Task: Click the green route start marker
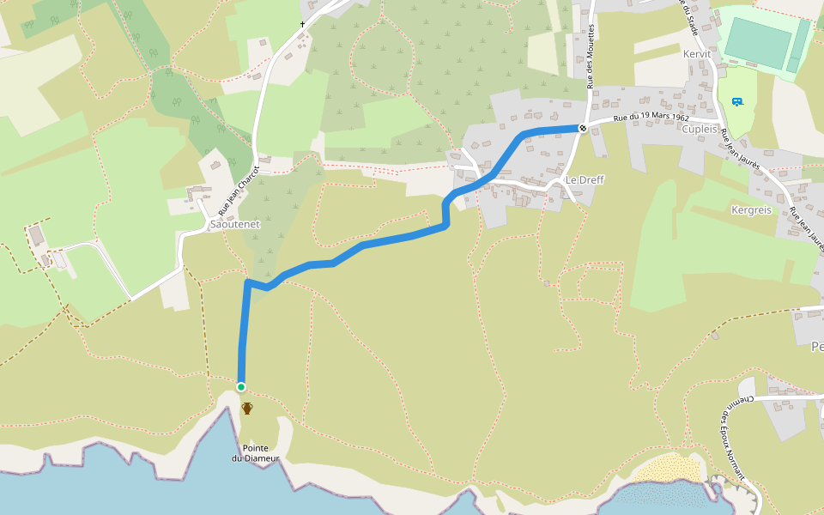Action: coord(241,386)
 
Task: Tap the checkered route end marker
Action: coord(583,129)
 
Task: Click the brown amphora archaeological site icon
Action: coord(247,409)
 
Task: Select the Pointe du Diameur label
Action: coord(255,453)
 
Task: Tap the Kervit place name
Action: coord(697,54)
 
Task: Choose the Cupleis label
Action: coord(700,130)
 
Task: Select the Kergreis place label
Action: coord(751,209)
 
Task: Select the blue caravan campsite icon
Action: coord(736,101)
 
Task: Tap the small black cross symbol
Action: coord(302,24)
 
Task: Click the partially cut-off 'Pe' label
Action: coord(816,347)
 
